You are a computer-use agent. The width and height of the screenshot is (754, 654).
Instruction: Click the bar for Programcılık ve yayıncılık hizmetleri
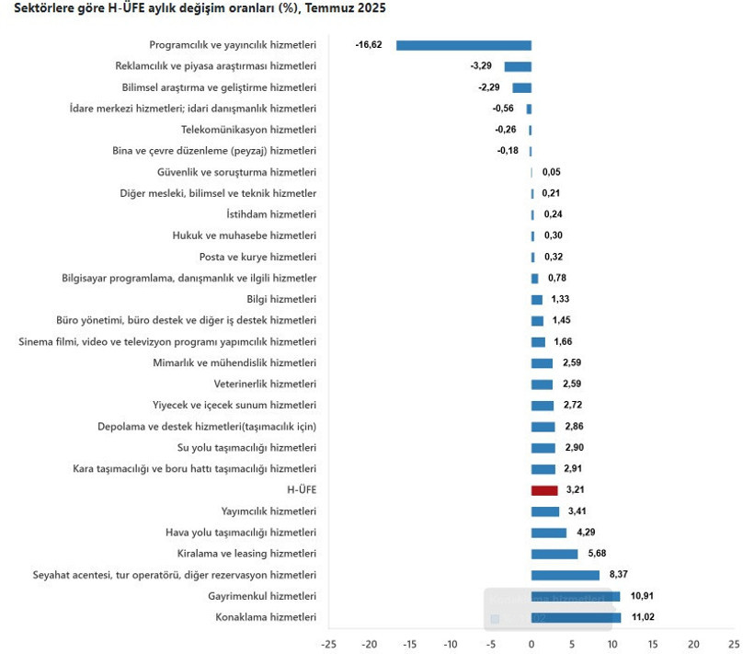point(463,45)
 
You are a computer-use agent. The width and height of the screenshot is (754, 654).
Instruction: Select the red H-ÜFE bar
point(544,490)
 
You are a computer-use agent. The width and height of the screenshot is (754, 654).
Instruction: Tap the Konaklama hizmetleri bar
point(576,617)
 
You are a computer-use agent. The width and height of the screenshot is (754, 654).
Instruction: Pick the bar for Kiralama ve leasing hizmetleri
point(554,554)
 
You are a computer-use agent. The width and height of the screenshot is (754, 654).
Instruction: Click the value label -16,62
point(369,45)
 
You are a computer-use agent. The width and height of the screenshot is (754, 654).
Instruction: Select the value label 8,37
point(618,575)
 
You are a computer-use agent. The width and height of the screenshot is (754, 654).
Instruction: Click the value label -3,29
point(481,66)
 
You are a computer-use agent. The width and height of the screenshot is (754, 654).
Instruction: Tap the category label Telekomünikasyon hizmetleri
point(248,130)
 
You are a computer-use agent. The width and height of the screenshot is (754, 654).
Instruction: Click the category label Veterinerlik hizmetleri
point(265,384)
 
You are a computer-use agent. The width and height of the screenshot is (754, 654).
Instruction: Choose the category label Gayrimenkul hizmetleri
point(262,596)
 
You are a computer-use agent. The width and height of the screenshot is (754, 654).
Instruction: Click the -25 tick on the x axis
point(329,644)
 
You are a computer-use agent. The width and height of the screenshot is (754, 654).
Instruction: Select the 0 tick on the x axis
point(531,644)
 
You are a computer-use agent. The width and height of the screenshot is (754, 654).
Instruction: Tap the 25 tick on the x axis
point(733,644)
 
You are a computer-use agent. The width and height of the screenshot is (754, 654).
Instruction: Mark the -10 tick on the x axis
point(451,644)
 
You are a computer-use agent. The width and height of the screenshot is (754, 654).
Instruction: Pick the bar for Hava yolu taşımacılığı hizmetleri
point(549,533)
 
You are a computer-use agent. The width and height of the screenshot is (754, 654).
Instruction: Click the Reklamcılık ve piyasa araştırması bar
point(518,66)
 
